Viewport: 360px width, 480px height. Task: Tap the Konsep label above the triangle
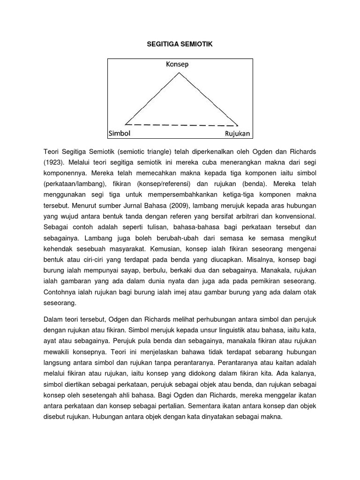177,64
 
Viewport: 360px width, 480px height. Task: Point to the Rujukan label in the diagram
238,133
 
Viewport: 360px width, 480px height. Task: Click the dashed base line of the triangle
181,125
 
